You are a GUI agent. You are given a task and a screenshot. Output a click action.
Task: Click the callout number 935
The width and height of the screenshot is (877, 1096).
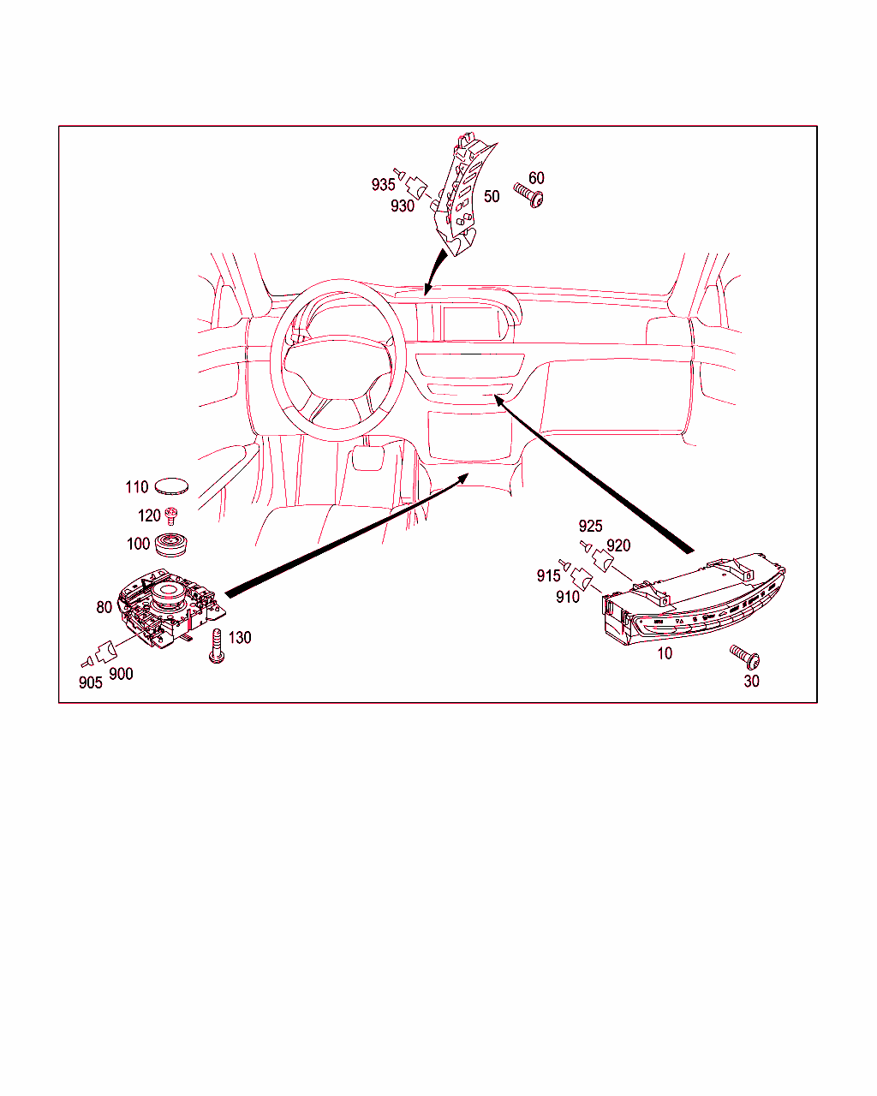[x=383, y=184]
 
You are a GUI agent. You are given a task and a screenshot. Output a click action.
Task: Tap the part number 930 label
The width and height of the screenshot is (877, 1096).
[x=402, y=205]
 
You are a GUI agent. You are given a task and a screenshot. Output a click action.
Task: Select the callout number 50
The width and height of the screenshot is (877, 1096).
[x=492, y=197]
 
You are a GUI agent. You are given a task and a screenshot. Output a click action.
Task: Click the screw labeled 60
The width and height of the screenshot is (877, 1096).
[x=528, y=195]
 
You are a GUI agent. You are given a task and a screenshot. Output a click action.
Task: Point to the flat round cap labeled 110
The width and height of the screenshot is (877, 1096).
[x=171, y=486]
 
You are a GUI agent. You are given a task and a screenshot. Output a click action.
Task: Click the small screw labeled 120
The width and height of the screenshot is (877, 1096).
[x=172, y=516]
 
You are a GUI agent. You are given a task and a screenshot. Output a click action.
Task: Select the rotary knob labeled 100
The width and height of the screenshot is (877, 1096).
[x=171, y=545]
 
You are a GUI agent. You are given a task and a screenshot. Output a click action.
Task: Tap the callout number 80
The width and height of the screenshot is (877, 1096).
[x=104, y=607]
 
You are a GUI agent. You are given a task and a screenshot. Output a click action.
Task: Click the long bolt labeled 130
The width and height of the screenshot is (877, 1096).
[x=217, y=646]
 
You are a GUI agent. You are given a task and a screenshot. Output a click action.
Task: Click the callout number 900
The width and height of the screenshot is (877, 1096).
[x=121, y=674]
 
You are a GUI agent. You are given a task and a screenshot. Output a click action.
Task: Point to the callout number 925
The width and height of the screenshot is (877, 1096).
[x=590, y=526]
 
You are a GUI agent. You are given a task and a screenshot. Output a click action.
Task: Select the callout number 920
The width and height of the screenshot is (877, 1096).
[x=618, y=545]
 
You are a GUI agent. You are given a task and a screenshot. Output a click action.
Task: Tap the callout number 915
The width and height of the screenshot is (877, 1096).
[x=548, y=575]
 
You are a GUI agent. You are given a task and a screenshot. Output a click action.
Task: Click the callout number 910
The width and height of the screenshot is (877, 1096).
[x=568, y=597]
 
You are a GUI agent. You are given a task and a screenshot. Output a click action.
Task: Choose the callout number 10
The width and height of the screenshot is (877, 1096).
[x=665, y=653]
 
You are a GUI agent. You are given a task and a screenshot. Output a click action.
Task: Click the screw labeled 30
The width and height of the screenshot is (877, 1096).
[x=745, y=657]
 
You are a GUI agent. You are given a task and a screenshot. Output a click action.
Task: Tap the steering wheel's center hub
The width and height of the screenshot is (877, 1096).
[x=337, y=366]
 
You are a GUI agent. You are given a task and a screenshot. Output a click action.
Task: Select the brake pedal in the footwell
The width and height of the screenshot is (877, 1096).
[x=367, y=458]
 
